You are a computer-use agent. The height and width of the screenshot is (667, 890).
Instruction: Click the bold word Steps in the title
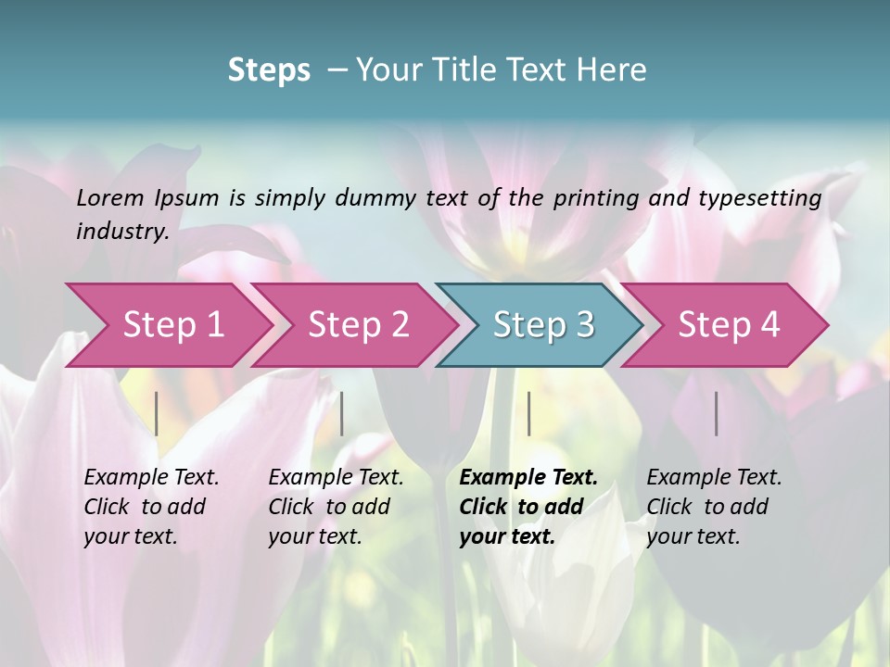[269, 70]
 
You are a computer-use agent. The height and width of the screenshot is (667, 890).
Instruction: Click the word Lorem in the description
[109, 197]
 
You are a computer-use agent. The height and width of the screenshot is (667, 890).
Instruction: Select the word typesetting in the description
[760, 197]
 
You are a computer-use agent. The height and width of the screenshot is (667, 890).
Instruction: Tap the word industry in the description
[122, 231]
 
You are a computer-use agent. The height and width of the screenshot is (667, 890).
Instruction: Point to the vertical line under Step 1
[157, 413]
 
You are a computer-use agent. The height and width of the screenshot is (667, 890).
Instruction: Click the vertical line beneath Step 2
[342, 413]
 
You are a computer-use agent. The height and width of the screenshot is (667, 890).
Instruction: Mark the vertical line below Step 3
[528, 413]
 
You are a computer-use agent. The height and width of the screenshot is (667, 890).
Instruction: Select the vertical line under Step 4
[716, 413]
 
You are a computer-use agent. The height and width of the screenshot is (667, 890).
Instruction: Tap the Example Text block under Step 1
[151, 507]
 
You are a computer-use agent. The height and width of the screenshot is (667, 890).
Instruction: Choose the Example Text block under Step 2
[336, 507]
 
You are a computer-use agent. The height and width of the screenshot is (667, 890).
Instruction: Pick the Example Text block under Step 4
[714, 507]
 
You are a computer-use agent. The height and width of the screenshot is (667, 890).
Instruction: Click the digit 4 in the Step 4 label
[769, 325]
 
